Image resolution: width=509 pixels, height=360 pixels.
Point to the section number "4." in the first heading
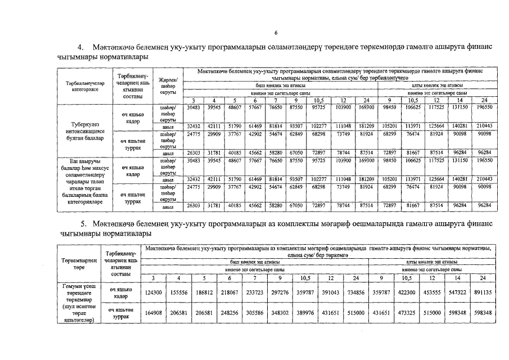tap(80, 47)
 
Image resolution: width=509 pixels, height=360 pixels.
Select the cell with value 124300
tap(153, 292)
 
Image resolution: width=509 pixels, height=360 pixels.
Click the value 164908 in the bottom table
tap(153, 312)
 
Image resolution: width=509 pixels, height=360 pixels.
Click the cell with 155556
tap(178, 292)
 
